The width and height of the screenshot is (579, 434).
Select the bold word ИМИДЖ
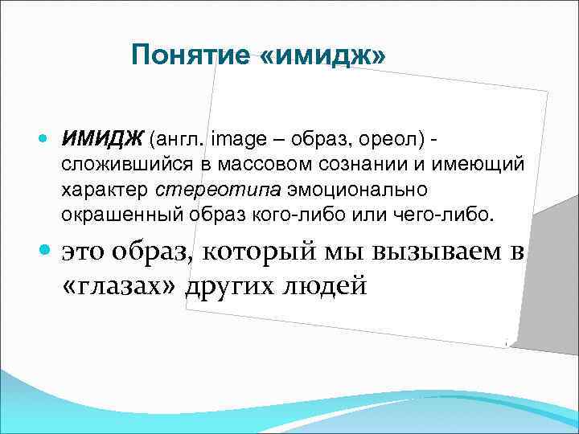(101, 140)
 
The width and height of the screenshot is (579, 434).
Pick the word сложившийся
(112, 166)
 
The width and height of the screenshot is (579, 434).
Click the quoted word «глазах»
(120, 285)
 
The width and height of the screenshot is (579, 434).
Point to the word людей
(327, 285)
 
